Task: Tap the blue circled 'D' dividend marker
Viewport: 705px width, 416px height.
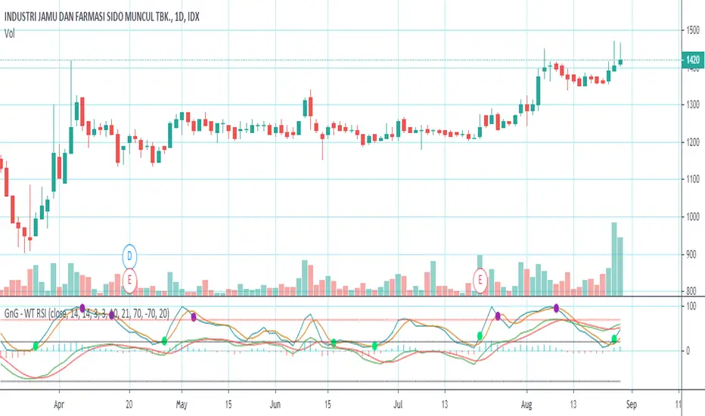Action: click(130, 256)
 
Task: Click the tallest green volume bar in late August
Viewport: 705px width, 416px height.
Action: click(613, 258)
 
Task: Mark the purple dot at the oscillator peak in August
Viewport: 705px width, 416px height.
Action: click(557, 308)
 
